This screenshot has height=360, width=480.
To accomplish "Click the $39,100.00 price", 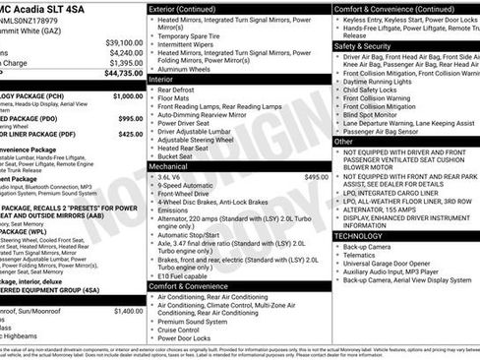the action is [x=124, y=42].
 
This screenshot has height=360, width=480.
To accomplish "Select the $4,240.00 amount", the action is [x=125, y=52].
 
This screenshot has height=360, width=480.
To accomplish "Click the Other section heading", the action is [x=343, y=142].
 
